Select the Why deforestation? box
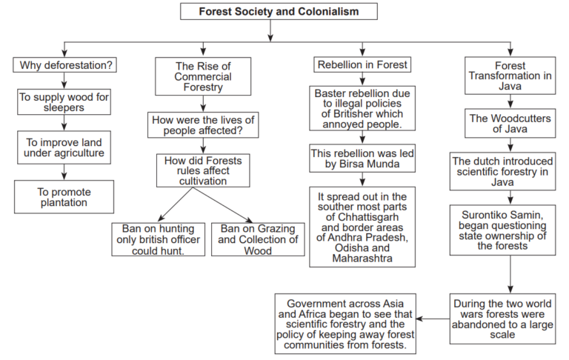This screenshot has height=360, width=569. coord(65,65)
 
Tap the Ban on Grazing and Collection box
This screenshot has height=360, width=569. coord(255,239)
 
